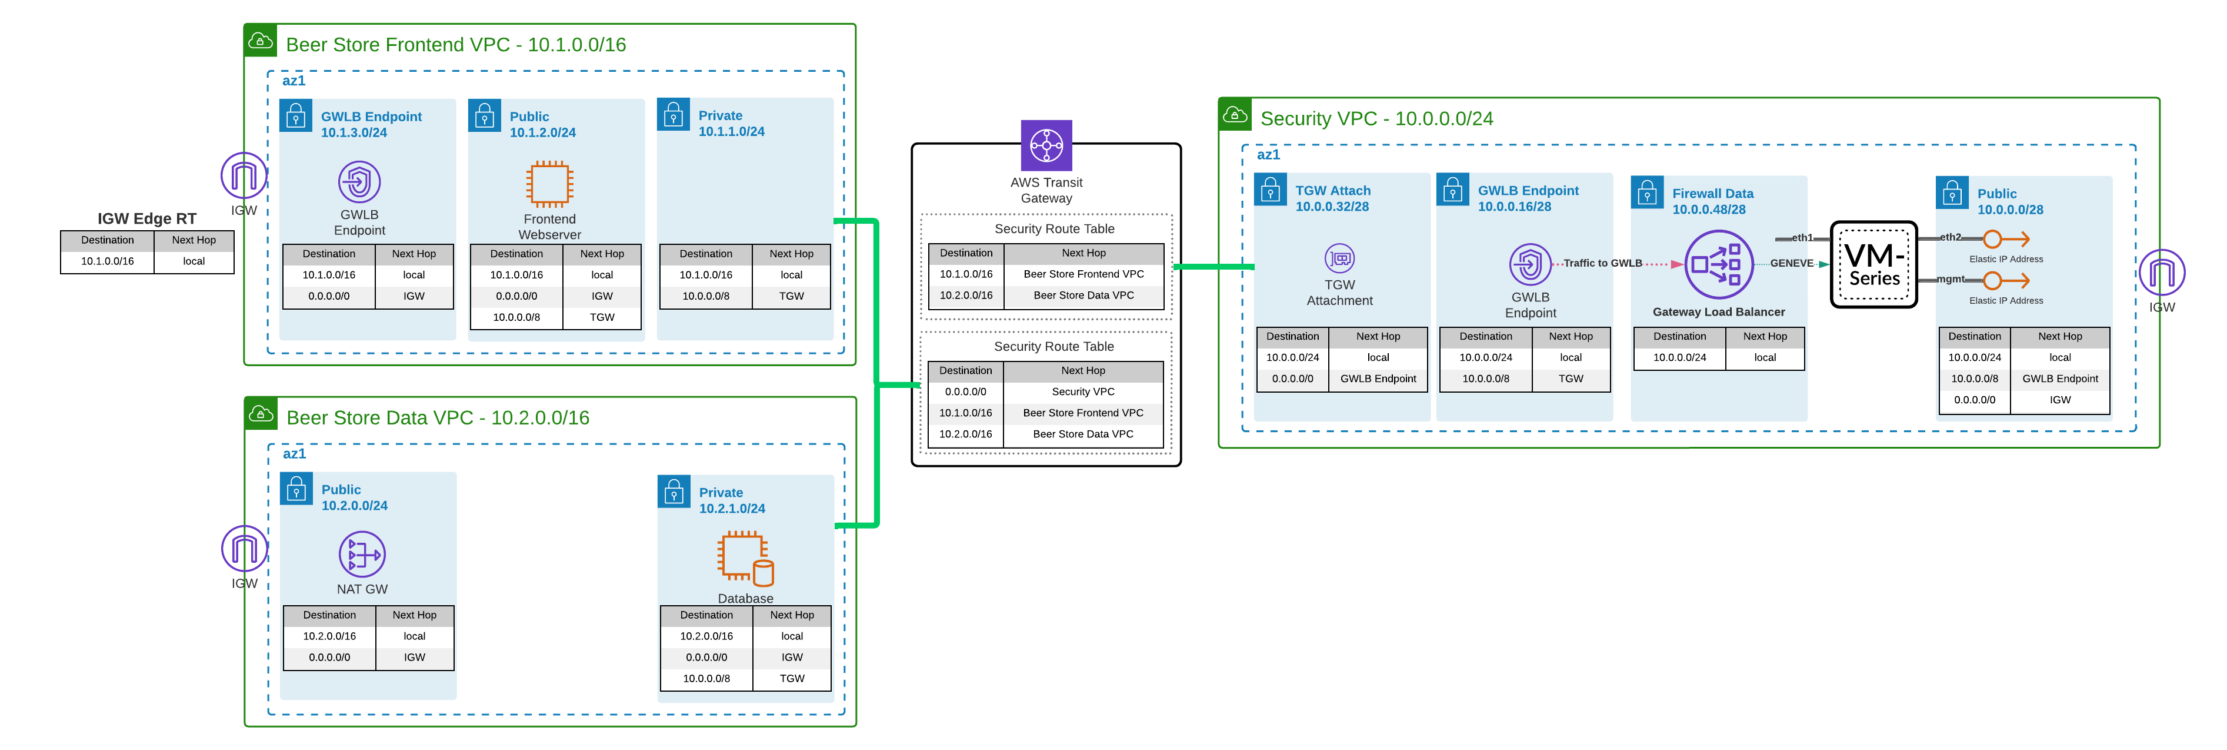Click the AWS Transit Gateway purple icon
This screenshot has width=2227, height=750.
1046,145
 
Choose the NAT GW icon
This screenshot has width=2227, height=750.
361,555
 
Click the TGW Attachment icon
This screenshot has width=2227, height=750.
1339,258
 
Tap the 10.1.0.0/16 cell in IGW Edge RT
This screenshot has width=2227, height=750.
107,261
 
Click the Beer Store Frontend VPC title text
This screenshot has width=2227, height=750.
456,45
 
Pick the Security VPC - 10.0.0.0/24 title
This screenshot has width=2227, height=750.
1376,118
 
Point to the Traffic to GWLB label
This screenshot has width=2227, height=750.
1602,263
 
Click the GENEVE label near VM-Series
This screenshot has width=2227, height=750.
1791,263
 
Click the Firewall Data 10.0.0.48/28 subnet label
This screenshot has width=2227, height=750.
1712,201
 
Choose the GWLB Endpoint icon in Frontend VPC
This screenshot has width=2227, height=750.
359,182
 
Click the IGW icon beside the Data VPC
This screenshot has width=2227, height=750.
245,549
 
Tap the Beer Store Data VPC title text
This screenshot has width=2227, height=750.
438,418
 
